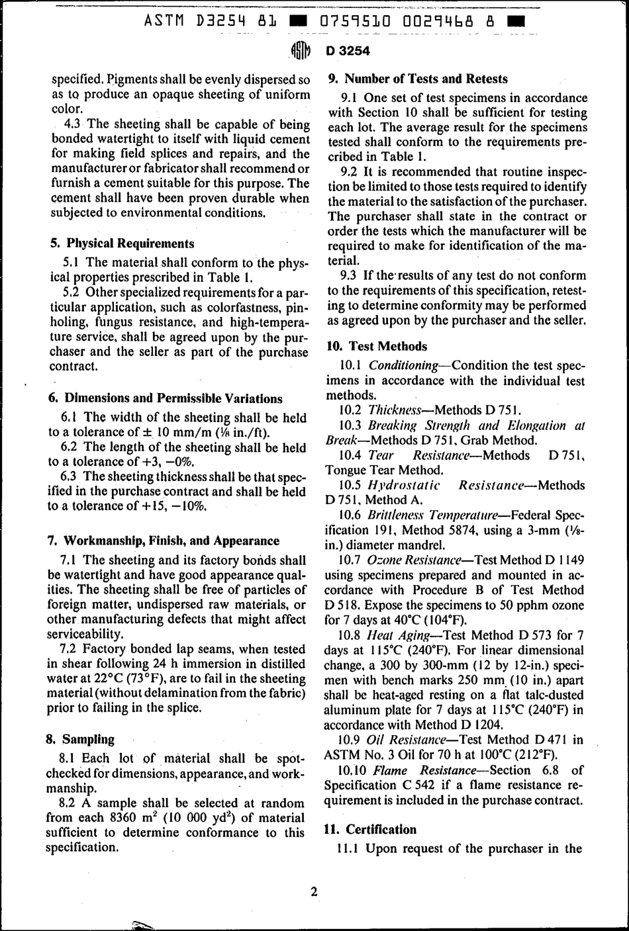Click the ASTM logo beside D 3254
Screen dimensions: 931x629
pos(300,52)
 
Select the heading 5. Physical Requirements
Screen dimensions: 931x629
pos(122,244)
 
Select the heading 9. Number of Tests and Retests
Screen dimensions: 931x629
pos(418,79)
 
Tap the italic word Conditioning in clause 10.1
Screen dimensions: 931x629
pos(403,365)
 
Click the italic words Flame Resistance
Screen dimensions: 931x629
pos(424,770)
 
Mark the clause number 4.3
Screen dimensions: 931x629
pos(72,124)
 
